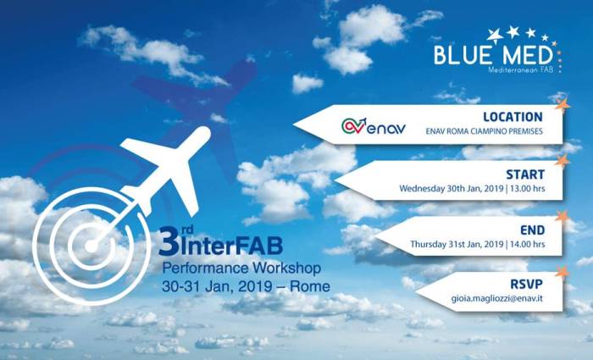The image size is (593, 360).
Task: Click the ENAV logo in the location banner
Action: (374, 126)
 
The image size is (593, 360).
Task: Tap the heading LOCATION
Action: (513, 117)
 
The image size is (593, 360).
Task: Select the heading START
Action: (525, 174)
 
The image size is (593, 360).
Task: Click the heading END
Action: (533, 230)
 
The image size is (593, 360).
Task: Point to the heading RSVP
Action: (526, 284)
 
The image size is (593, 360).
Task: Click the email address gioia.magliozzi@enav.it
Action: (496, 298)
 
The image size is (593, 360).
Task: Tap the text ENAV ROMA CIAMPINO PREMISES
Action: (484, 131)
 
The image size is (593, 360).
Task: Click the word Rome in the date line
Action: (309, 286)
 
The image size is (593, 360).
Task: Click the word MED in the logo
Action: (529, 55)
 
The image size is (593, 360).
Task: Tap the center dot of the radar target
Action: (91, 246)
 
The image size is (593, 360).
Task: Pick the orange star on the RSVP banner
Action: (563, 271)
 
